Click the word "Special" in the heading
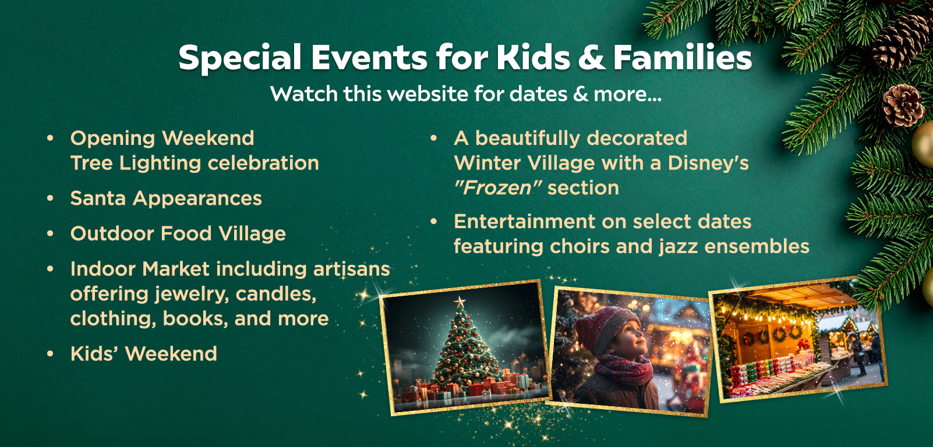[x=240, y=58]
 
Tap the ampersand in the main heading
[x=591, y=58]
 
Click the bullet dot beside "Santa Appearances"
[x=51, y=198]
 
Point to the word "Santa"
[x=98, y=198]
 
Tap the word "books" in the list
[x=195, y=319]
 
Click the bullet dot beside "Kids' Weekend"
[x=51, y=354]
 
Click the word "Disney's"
[x=708, y=163]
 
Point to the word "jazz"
[x=678, y=247]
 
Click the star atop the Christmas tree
[x=460, y=301]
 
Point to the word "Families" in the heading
[x=682, y=58]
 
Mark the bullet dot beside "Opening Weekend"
[x=51, y=138]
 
